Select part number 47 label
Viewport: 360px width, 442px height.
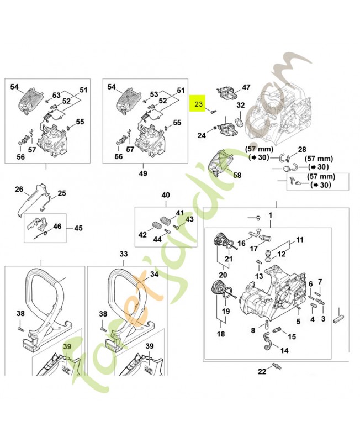pos(246,87)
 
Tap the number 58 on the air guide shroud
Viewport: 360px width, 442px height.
pos(237,175)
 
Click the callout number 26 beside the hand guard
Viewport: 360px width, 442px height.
pos(19,190)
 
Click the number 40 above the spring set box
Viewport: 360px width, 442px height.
pos(165,196)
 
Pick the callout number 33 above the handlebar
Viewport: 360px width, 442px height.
pos(123,254)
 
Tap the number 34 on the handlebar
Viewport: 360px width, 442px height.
pos(154,274)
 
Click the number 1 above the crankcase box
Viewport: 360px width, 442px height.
pos(271,214)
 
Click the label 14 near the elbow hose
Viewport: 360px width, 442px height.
pos(284,350)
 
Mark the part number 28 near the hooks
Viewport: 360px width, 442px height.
pos(301,150)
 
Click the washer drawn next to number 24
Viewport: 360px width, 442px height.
pos(211,133)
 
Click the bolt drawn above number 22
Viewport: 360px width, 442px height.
pos(277,365)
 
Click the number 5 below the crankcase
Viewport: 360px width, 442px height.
pos(298,321)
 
